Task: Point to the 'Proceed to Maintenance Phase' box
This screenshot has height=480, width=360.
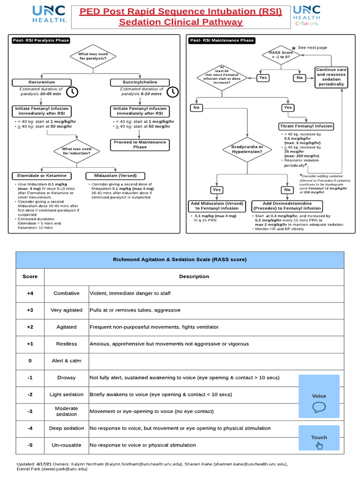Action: (x=140, y=144)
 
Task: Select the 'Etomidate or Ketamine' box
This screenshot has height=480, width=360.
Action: (x=42, y=176)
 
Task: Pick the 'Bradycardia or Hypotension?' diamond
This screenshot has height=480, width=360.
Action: (x=247, y=150)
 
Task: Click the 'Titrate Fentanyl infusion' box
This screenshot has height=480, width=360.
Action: (x=307, y=126)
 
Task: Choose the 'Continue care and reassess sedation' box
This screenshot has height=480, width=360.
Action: (x=331, y=77)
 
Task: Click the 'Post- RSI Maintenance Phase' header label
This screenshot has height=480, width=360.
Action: (x=222, y=40)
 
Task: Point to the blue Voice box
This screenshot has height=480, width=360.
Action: (x=319, y=396)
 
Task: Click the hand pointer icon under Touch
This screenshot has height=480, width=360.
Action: (x=319, y=445)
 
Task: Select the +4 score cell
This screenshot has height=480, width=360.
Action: (x=30, y=293)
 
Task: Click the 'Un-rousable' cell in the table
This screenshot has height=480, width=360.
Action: (x=67, y=445)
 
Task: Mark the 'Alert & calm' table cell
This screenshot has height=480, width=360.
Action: (x=67, y=360)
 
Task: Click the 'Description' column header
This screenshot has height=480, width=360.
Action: (x=194, y=276)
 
